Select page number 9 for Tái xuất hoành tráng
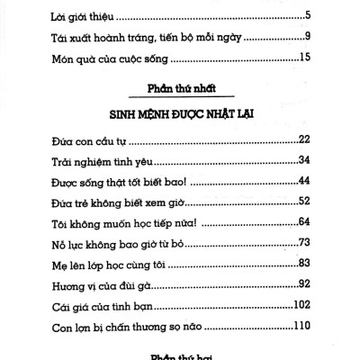click(307, 38)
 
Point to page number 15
click(304, 59)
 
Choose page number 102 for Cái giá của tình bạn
click(301, 306)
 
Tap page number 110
click(301, 328)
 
